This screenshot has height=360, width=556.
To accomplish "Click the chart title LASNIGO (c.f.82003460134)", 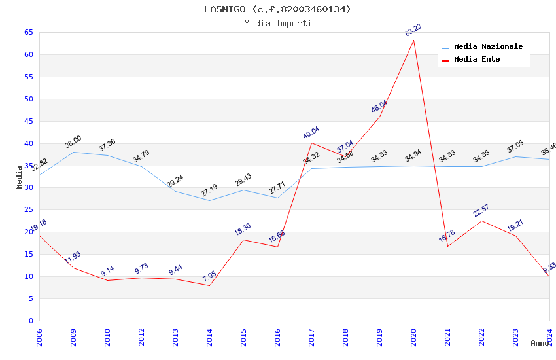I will pos(277,9).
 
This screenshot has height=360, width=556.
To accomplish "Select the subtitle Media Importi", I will pos(277,23).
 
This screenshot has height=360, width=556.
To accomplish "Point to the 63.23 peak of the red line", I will pos(413,40).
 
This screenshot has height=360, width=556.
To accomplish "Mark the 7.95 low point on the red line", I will pos(209,285).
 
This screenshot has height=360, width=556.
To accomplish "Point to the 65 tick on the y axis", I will pos(28,32).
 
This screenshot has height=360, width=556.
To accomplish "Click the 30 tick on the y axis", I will pos(28,188).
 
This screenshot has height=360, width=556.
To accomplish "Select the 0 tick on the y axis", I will pos(31,321).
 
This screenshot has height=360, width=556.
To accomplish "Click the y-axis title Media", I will pos(19,177).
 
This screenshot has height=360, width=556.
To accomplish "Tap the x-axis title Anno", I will pos(540,343).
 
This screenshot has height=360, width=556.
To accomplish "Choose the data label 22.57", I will pos(481,211).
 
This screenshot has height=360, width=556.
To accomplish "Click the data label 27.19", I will pos(209,190).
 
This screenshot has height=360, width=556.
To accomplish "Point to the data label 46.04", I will pos(379,106).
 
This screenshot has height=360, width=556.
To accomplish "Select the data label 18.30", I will pos(242,229).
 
